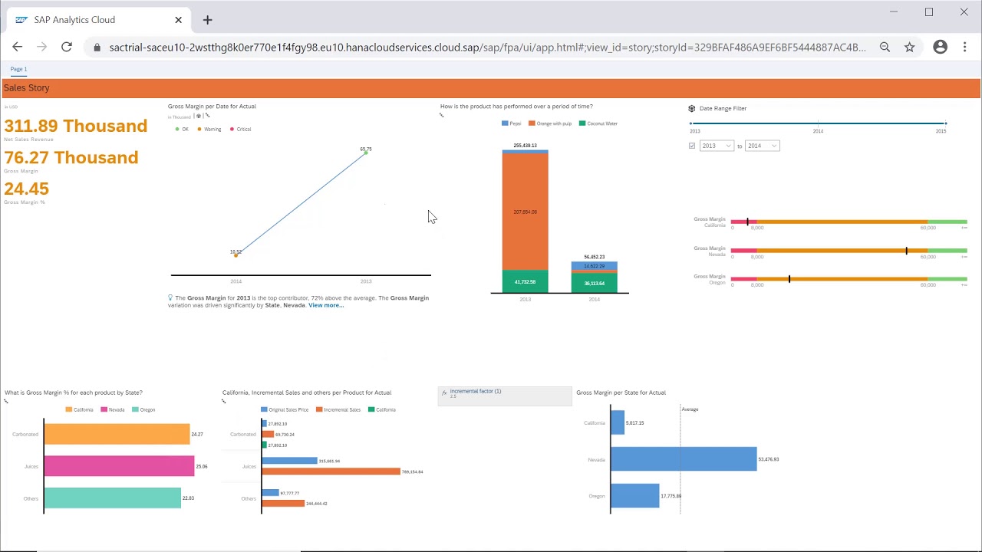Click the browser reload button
[67, 47]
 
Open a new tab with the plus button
[207, 20]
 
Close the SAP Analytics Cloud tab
[178, 20]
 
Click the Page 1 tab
[18, 69]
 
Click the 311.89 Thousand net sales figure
[75, 127]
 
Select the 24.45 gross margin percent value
[26, 189]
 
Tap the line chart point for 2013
[366, 153]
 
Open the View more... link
[325, 305]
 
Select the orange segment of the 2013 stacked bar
[525, 212]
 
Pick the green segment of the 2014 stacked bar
[594, 283]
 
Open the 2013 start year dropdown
[717, 146]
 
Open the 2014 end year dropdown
[762, 146]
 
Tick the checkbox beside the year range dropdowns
[692, 146]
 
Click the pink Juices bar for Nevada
[119, 466]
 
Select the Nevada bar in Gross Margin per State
[683, 459]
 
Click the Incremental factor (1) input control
[505, 395]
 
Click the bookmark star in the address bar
[909, 47]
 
